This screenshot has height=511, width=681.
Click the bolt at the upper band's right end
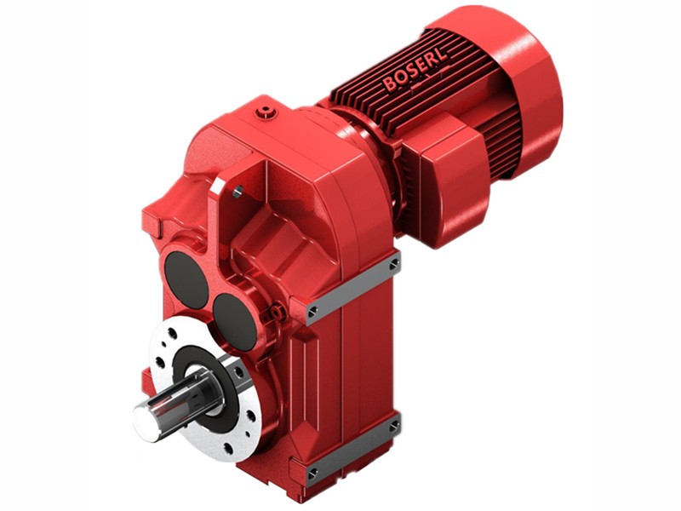click(x=394, y=265)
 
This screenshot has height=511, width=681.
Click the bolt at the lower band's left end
click(x=313, y=471)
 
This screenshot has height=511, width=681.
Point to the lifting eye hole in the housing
click(x=237, y=192)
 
